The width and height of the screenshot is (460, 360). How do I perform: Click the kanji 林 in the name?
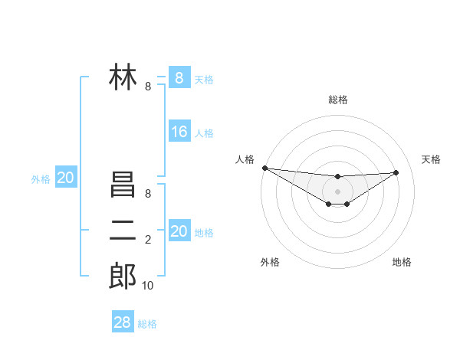tap(123, 78)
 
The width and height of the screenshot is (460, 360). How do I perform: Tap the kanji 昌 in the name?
tap(123, 185)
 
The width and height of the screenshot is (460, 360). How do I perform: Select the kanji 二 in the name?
tap(123, 230)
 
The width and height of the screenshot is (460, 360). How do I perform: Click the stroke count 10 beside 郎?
tap(147, 286)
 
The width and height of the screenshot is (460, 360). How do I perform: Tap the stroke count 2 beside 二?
tap(148, 240)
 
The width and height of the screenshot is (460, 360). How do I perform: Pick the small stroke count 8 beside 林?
tap(148, 87)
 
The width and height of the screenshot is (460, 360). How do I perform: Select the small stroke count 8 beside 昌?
tap(148, 194)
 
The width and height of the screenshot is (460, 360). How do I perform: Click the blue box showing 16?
tap(179, 132)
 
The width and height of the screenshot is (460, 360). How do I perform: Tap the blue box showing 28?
tap(122, 322)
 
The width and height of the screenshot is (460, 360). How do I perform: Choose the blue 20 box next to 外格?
tap(65, 178)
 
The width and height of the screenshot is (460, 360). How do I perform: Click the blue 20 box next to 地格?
tap(179, 231)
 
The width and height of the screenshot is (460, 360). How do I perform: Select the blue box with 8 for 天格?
tap(179, 77)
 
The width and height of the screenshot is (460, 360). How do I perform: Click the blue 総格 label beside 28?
tap(147, 324)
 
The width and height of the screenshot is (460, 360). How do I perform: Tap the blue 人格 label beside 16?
tap(204, 133)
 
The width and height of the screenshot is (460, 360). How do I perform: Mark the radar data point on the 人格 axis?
tap(264, 168)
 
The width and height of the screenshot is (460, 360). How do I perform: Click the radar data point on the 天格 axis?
tap(396, 172)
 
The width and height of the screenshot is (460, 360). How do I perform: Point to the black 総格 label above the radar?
tap(338, 100)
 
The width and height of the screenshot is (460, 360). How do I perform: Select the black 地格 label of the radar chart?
tap(402, 262)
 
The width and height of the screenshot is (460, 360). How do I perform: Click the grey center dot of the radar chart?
tap(338, 191)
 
